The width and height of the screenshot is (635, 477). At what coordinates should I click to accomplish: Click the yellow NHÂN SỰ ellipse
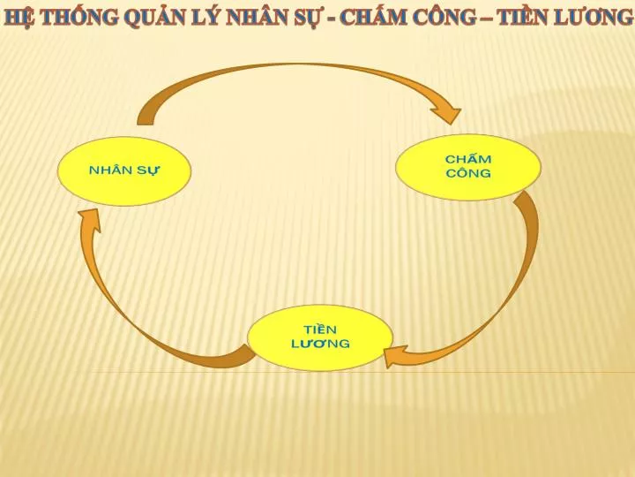124,170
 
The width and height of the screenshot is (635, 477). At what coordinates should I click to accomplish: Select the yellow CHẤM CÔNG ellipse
468,167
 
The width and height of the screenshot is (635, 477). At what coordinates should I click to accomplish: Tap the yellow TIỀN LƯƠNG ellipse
320,337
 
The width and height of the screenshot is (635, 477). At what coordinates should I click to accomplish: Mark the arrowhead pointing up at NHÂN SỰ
90,220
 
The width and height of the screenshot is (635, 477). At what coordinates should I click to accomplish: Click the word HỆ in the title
20,17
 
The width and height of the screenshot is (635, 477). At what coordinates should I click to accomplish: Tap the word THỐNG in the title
80,17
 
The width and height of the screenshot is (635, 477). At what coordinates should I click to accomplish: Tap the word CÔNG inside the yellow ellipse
468,174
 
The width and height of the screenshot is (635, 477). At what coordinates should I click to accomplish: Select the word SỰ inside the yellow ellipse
148,170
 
